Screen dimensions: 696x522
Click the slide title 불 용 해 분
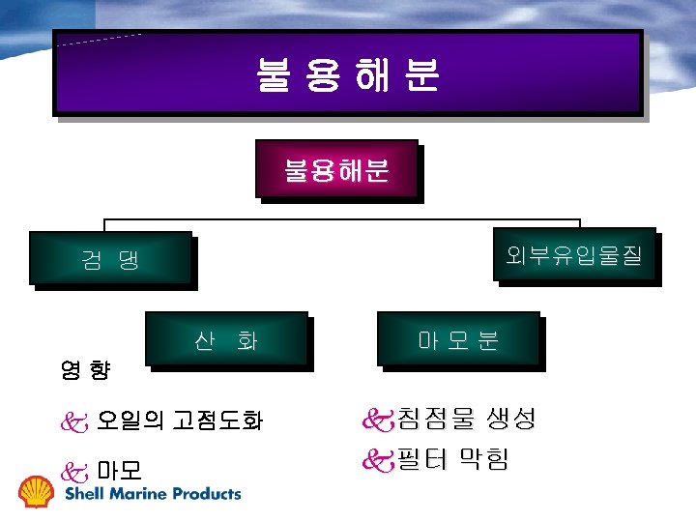pyautogui.click(x=348, y=74)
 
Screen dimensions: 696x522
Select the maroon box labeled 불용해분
pyautogui.click(x=336, y=170)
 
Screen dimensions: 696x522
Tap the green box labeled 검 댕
pyautogui.click(x=110, y=258)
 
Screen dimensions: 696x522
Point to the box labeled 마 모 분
pyautogui.click(x=458, y=339)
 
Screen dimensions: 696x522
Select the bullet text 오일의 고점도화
pyautogui.click(x=180, y=420)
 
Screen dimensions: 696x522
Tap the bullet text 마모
pyautogui.click(x=120, y=471)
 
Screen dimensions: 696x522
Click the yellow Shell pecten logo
pyautogui.click(x=38, y=491)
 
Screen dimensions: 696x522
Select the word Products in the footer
pyautogui.click(x=207, y=493)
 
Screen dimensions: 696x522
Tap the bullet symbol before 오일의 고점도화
pyautogui.click(x=74, y=421)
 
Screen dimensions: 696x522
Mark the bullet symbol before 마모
pyautogui.click(x=74, y=472)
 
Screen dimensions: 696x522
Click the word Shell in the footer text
pyautogui.click(x=82, y=493)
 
